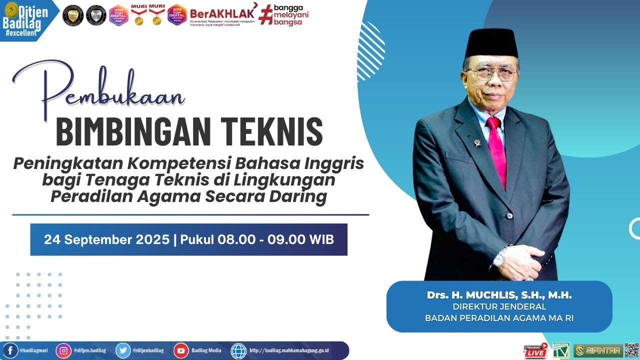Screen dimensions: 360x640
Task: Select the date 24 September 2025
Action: click(106, 240)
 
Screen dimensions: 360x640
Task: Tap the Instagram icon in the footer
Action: click(63, 350)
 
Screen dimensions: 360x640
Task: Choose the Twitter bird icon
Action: click(123, 350)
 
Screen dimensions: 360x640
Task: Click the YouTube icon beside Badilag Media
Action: click(181, 350)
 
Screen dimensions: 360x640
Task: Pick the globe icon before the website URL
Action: click(238, 350)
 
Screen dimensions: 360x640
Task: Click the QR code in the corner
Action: click(631, 350)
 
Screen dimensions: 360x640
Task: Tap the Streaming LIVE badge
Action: click(535, 351)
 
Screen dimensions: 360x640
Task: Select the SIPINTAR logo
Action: click(598, 350)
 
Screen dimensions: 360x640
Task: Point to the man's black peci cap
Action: click(490, 43)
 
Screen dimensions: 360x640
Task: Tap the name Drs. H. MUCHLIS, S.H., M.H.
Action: click(499, 295)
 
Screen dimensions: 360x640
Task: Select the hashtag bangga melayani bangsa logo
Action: click(284, 15)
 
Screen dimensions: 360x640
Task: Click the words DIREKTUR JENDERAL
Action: click(499, 306)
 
